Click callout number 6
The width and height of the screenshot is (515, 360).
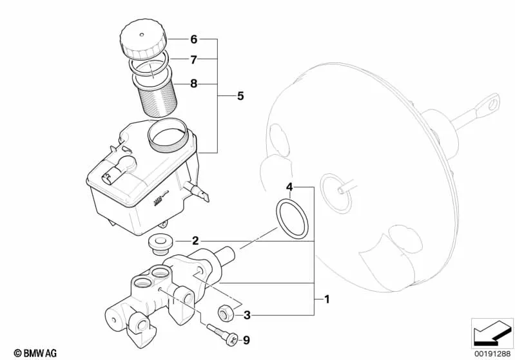(x=194, y=39)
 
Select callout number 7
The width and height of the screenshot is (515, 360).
(x=194, y=60)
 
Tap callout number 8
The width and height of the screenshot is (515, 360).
(x=194, y=84)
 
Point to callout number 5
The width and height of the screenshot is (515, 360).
(x=240, y=96)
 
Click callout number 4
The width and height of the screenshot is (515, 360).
(x=289, y=187)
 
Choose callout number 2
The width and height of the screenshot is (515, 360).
(x=195, y=242)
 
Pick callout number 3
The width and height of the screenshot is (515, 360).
(x=247, y=316)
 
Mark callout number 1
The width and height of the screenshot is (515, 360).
(x=327, y=299)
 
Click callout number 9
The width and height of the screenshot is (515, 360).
(x=246, y=340)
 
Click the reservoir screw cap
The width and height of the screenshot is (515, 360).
(x=143, y=39)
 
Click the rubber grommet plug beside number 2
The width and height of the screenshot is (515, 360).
(x=160, y=244)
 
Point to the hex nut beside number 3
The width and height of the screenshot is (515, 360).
(x=227, y=314)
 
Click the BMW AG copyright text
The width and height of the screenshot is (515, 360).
(x=35, y=353)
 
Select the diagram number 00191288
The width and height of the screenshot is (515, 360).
(x=492, y=354)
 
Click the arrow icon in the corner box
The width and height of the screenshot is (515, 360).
(x=492, y=332)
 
